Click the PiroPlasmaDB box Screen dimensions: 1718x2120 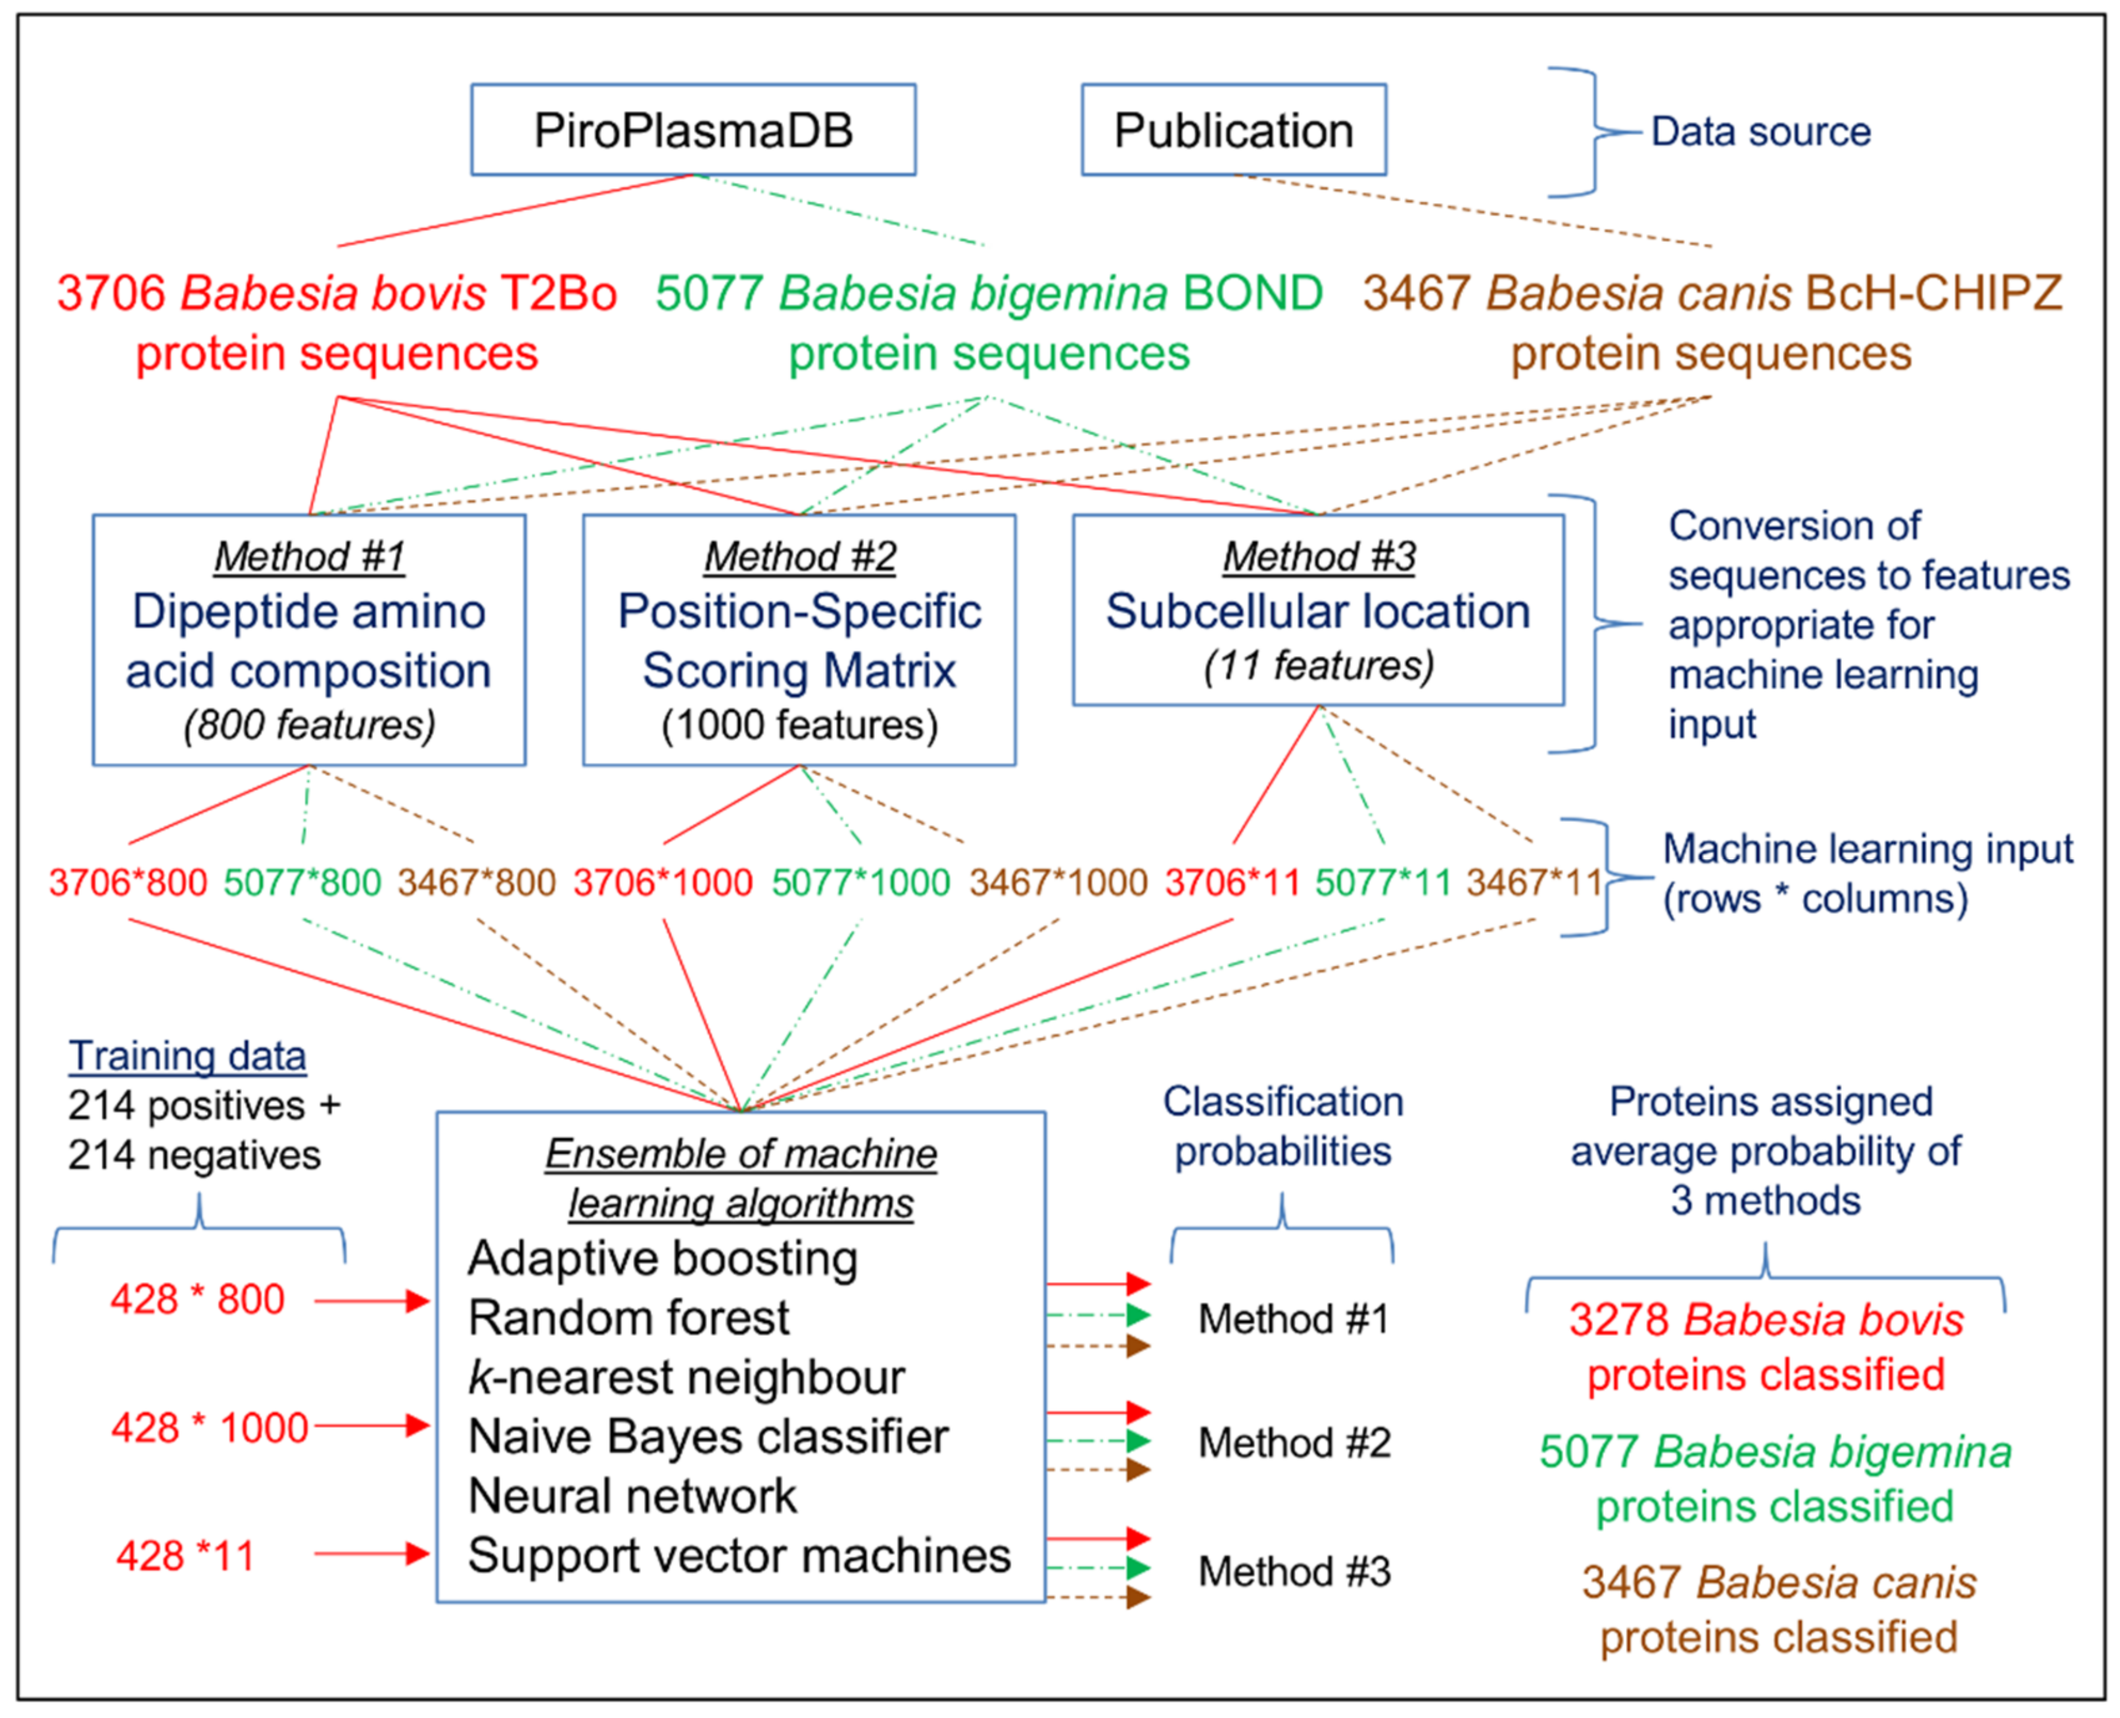click(693, 130)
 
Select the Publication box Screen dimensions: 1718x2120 click(1233, 130)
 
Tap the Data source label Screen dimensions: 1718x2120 click(1760, 132)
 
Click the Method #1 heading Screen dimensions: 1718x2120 click(310, 556)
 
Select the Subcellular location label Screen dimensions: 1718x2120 click(1317, 611)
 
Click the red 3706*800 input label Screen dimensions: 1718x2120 click(128, 882)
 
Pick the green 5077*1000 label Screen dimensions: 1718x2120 click(860, 882)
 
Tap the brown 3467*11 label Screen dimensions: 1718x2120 click(1533, 882)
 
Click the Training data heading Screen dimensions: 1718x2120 click(187, 1056)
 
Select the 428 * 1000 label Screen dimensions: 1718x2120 click(210, 1428)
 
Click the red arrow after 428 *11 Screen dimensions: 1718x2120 click(371, 1554)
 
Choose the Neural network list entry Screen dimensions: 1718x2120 click(632, 1496)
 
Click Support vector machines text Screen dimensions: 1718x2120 click(738, 1554)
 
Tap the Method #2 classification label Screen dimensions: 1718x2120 click(1294, 1443)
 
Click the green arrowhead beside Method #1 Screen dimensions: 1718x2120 click(1137, 1315)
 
